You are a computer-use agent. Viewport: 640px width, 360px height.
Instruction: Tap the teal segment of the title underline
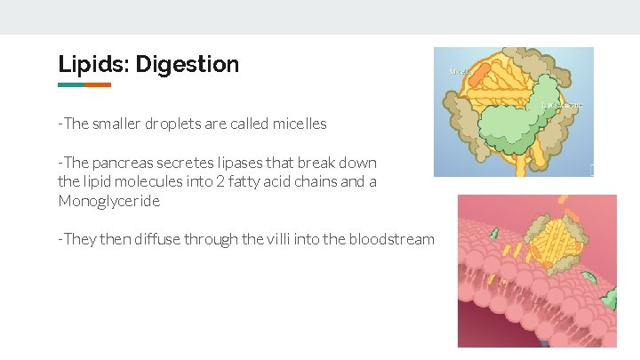click(71, 85)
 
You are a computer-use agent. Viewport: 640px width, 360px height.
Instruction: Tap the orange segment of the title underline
click(98, 85)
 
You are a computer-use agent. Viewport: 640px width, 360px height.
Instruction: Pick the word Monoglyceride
click(109, 201)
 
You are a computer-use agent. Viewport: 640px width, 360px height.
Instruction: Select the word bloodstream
click(392, 239)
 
